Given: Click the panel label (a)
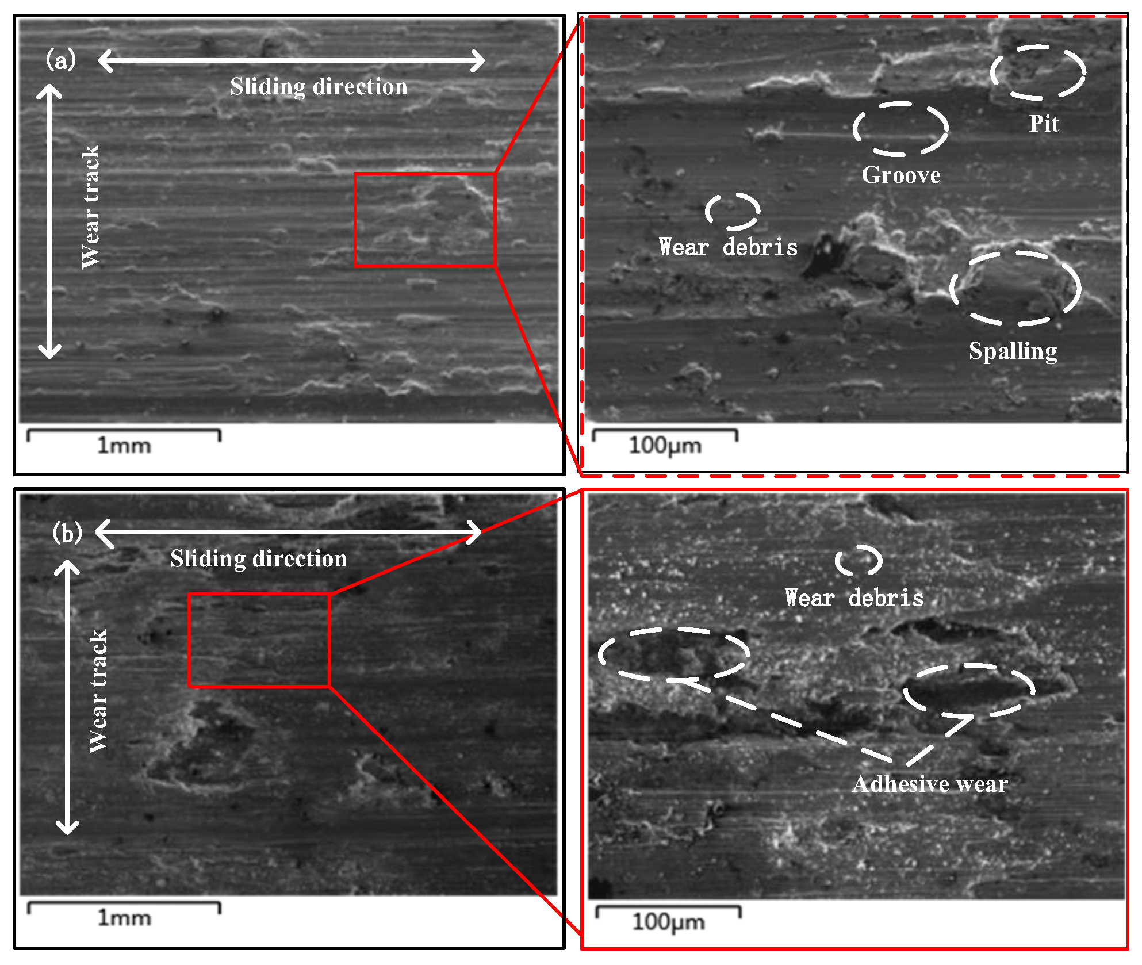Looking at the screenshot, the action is pyautogui.click(x=60, y=60).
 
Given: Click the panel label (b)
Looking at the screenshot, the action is pyautogui.click(x=67, y=533).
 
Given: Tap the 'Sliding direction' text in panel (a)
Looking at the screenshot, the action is pyautogui.click(x=319, y=87).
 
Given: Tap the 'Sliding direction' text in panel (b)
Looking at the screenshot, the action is pyautogui.click(x=259, y=559).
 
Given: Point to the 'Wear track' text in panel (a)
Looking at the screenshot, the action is pyautogui.click(x=91, y=207).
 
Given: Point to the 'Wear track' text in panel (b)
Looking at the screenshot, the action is pyautogui.click(x=98, y=692).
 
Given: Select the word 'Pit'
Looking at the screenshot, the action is pyautogui.click(x=1044, y=124).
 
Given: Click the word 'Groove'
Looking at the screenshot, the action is pyautogui.click(x=901, y=175).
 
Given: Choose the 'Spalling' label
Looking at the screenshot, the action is pyautogui.click(x=1013, y=351).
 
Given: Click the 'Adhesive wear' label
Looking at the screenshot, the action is pyautogui.click(x=930, y=784).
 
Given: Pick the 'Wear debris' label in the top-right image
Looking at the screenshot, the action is pyautogui.click(x=728, y=247).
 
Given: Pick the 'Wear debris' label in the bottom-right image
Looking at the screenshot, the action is pyautogui.click(x=854, y=598).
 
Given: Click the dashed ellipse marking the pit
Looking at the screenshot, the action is pyautogui.click(x=1038, y=72).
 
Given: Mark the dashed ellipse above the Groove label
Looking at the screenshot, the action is pyautogui.click(x=900, y=129).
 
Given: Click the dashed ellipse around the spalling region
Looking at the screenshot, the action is pyautogui.click(x=1015, y=288).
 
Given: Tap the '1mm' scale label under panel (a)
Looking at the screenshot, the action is pyautogui.click(x=124, y=446).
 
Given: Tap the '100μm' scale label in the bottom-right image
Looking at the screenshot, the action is pyautogui.click(x=668, y=922).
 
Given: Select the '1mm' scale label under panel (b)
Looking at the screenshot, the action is pyautogui.click(x=124, y=918).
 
